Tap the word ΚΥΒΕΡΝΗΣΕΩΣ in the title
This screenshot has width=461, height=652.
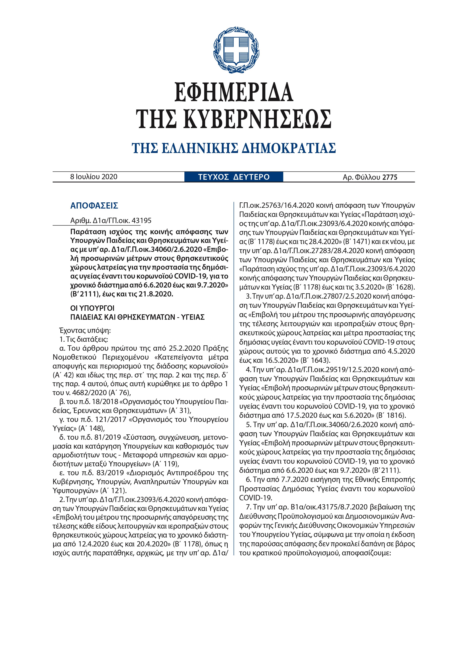click(x=257, y=119)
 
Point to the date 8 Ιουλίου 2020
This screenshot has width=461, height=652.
click(x=94, y=177)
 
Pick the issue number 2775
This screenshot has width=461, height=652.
click(x=390, y=177)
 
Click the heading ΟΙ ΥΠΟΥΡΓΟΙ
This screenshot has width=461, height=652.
click(x=92, y=308)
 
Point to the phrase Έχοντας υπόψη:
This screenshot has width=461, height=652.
click(x=85, y=330)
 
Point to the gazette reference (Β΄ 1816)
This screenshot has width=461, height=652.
click(x=391, y=415)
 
